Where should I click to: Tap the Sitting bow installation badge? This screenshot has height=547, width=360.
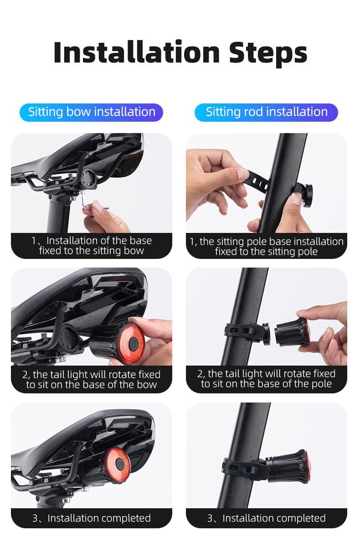(92, 112)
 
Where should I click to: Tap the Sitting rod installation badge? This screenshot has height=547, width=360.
(266, 112)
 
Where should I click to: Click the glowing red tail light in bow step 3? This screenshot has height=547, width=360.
(116, 465)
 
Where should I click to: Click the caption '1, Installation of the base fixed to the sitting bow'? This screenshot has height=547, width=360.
(92, 246)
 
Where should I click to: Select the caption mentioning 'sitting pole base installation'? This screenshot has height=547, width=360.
(266, 246)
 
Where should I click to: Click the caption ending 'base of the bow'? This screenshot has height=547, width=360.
(92, 379)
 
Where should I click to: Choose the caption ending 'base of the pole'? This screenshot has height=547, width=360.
(266, 379)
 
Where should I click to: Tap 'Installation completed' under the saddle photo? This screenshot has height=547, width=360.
(92, 518)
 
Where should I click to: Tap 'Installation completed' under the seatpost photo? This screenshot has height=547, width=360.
(266, 518)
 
